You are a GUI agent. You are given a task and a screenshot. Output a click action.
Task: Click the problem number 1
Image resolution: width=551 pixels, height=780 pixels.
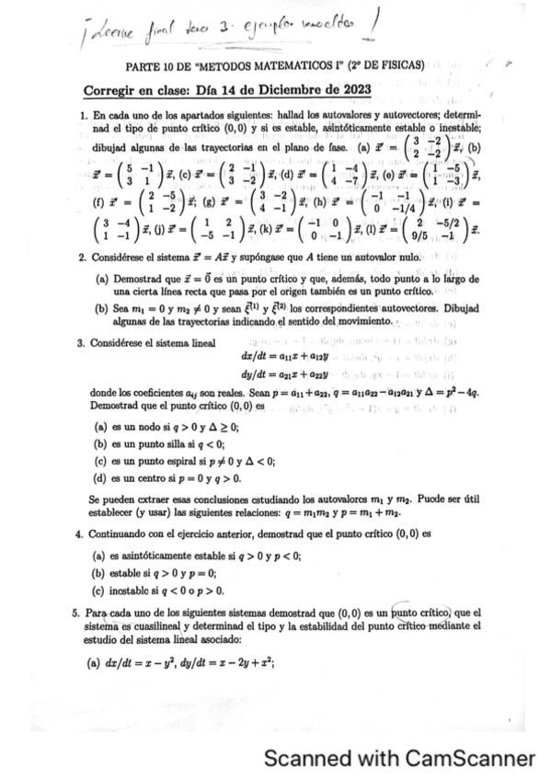[84, 117]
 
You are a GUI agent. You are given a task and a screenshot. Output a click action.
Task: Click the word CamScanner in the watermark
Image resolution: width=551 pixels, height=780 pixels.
[469, 758]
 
